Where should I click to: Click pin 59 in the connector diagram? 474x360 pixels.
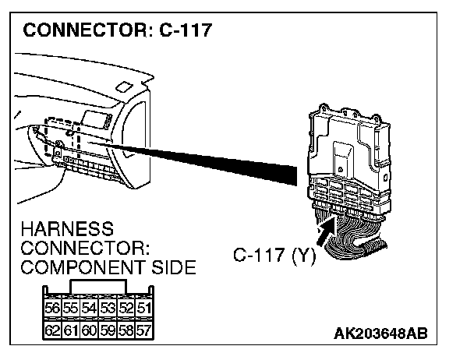tap(107, 330)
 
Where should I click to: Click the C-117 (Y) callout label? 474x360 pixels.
tap(274, 255)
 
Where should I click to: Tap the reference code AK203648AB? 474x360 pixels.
tap(380, 334)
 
